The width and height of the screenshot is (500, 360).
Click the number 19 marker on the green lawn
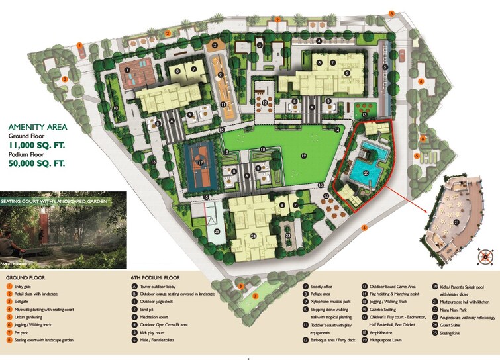point(303,156)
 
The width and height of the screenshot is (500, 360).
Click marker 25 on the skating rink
point(217,232)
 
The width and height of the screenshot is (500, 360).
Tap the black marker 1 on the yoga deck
point(126,69)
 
